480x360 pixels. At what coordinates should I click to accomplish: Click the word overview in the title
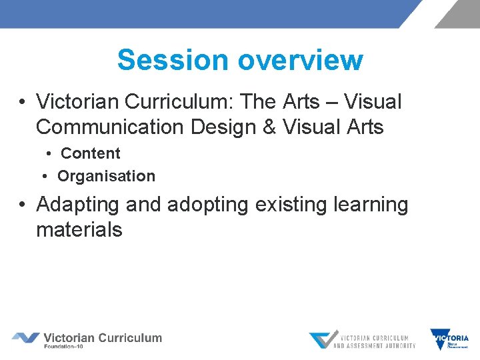pos(300,60)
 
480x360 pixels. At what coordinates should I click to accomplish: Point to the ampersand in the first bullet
pos(270,127)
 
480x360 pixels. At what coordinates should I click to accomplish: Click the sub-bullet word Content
pos(91,153)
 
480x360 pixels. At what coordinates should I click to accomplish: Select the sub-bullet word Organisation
pos(106,177)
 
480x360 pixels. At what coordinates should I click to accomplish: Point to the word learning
pos(375,205)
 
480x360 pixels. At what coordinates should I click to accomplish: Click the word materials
pos(79,230)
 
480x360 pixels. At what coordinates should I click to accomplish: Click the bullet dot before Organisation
pos(45,177)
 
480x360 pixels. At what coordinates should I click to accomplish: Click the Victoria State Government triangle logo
pos(449,339)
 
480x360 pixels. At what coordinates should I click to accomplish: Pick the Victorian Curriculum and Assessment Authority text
pos(374,341)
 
